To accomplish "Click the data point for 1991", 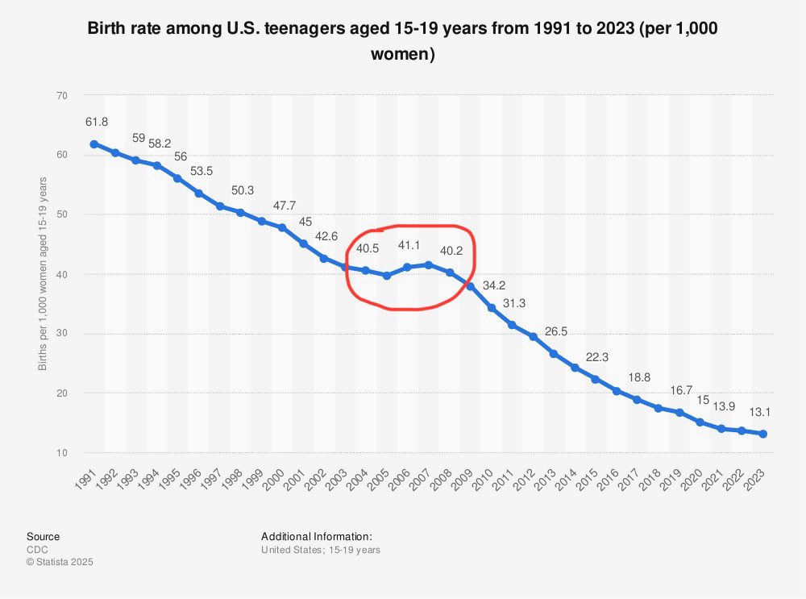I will [93, 144].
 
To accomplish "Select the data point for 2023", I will [762, 434].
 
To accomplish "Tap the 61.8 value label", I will [96, 122].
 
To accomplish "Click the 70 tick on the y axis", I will [61, 95].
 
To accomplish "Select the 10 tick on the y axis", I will [61, 452].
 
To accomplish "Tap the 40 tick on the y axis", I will [61, 274].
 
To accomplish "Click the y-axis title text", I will [42, 274].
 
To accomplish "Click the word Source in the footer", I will [43, 536].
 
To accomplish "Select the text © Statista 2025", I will [60, 562].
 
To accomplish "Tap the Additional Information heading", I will [316, 536].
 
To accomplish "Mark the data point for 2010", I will [491, 308].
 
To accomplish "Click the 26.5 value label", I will [555, 331].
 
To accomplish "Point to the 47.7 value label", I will [283, 206].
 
